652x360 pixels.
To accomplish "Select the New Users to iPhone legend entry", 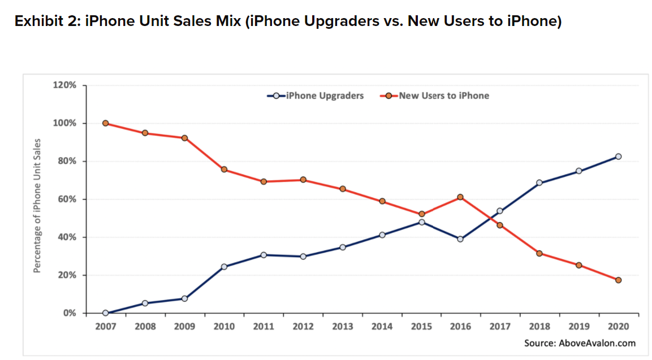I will click(x=435, y=96).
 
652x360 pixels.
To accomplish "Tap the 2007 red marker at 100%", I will click(x=106, y=123).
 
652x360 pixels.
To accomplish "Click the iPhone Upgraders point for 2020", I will click(x=618, y=157).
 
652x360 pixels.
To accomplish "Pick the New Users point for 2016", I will click(x=460, y=197).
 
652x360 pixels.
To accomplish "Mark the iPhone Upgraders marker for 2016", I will click(x=460, y=239).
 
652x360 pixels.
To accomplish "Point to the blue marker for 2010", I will click(x=224, y=267).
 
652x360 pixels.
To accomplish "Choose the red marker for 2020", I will click(x=618, y=280).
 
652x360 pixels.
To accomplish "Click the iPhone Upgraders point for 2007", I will click(x=106, y=313).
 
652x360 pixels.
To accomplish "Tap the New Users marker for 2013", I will click(x=342, y=189).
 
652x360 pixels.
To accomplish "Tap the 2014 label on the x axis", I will click(x=382, y=326).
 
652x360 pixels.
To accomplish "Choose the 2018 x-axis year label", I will click(x=539, y=326).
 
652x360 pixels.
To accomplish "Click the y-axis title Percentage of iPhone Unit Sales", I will click(x=37, y=205).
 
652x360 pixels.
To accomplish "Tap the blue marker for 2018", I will click(x=539, y=183).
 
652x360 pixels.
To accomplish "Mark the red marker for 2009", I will click(x=184, y=138).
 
